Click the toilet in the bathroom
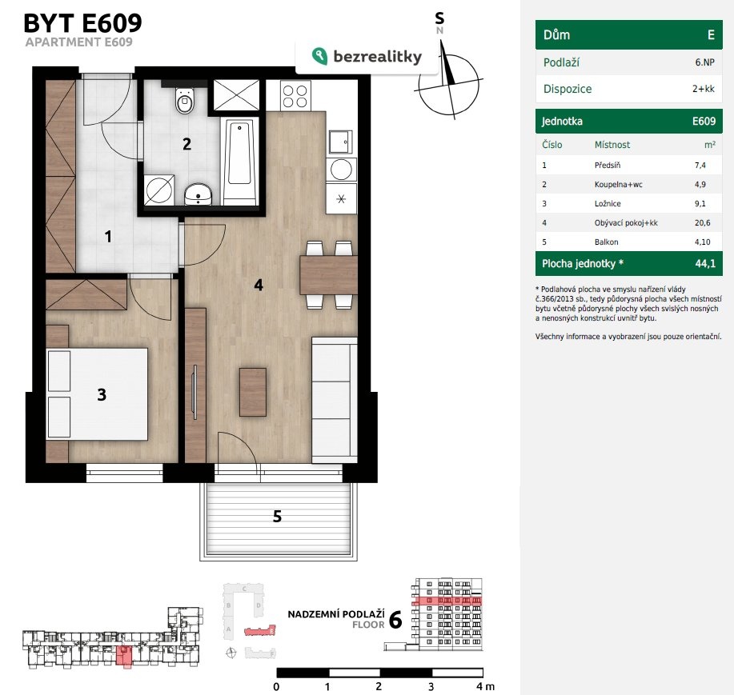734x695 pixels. [184, 100]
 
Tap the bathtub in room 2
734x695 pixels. [239, 161]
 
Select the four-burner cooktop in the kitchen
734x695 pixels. [295, 96]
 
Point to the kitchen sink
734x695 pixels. [340, 142]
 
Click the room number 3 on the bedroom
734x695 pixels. [102, 395]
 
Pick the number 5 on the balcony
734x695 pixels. [277, 517]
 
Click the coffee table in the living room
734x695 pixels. [253, 392]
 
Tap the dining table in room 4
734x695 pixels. [328, 275]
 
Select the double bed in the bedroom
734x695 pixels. [97, 393]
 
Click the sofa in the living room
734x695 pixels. [335, 401]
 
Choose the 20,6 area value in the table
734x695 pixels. [702, 222]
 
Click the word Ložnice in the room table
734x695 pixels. [608, 203]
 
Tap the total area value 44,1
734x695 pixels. [705, 263]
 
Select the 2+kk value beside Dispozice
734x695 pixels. [703, 89]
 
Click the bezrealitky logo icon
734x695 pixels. [319, 56]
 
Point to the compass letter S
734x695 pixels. [439, 18]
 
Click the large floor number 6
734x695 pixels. [395, 620]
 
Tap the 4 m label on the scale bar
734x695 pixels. [485, 686]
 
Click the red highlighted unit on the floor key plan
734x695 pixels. [123, 655]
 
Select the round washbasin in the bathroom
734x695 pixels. [199, 194]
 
